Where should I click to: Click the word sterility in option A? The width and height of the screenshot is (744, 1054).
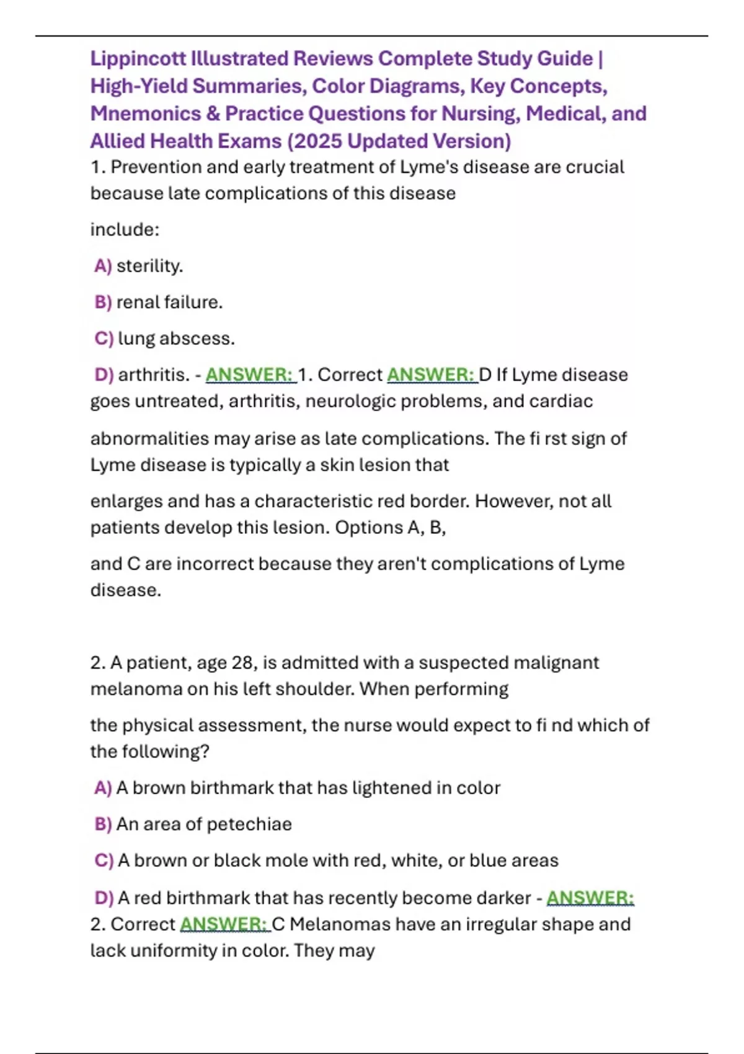coord(149,266)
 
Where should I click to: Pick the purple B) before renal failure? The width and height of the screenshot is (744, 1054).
coord(103,302)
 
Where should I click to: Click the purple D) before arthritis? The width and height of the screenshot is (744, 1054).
coord(104,374)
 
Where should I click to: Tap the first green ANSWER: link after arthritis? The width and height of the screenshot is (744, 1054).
coord(250,374)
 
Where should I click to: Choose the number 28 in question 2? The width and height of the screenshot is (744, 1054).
coord(242,663)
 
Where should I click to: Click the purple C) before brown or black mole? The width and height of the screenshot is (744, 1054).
coord(104,861)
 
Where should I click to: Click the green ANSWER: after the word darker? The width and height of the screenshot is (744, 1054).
coord(590,898)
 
